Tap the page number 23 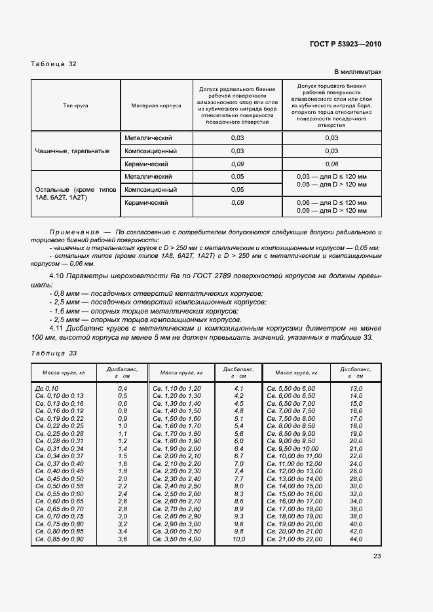377,556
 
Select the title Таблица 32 54,64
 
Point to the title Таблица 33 54,353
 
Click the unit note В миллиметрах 358,72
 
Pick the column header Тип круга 75,105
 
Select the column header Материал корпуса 156,105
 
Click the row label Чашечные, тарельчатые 72,151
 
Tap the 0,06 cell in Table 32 331,164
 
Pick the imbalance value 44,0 356,539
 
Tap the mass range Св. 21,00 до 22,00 295,539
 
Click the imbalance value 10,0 238,539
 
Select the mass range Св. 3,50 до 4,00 177,539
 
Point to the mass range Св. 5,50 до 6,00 292,388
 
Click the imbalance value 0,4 122,388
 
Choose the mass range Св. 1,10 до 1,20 177,388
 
